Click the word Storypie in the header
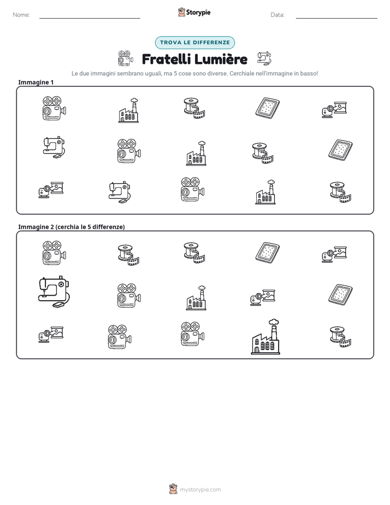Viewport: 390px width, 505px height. point(198,13)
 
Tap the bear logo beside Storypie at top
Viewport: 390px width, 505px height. point(181,12)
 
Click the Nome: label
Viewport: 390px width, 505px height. point(21,15)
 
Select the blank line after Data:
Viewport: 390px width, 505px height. point(336,18)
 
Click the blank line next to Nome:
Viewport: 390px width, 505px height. point(90,18)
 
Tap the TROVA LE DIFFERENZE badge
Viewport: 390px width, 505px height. point(195,43)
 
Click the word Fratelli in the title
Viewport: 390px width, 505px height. point(166,59)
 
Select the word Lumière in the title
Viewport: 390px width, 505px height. point(221,59)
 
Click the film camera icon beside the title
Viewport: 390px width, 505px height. point(126,58)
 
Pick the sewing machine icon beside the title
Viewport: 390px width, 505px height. point(264,58)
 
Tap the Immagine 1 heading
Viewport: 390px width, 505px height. point(36,82)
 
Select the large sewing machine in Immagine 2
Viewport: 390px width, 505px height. point(54,291)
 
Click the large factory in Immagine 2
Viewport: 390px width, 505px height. point(265,337)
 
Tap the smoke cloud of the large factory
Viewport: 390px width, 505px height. point(274,322)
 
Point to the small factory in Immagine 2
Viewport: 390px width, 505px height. point(196,298)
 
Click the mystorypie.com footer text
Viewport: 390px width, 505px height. point(200,490)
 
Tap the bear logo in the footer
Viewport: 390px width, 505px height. point(174,489)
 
